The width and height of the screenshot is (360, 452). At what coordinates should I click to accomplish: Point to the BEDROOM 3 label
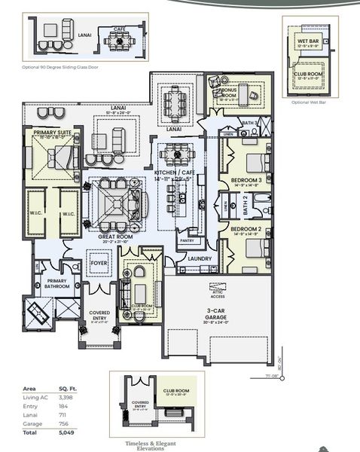(246, 180)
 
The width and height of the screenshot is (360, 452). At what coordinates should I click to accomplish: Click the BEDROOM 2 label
(246, 228)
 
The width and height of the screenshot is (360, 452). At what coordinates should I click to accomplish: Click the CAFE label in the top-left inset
(120, 29)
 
